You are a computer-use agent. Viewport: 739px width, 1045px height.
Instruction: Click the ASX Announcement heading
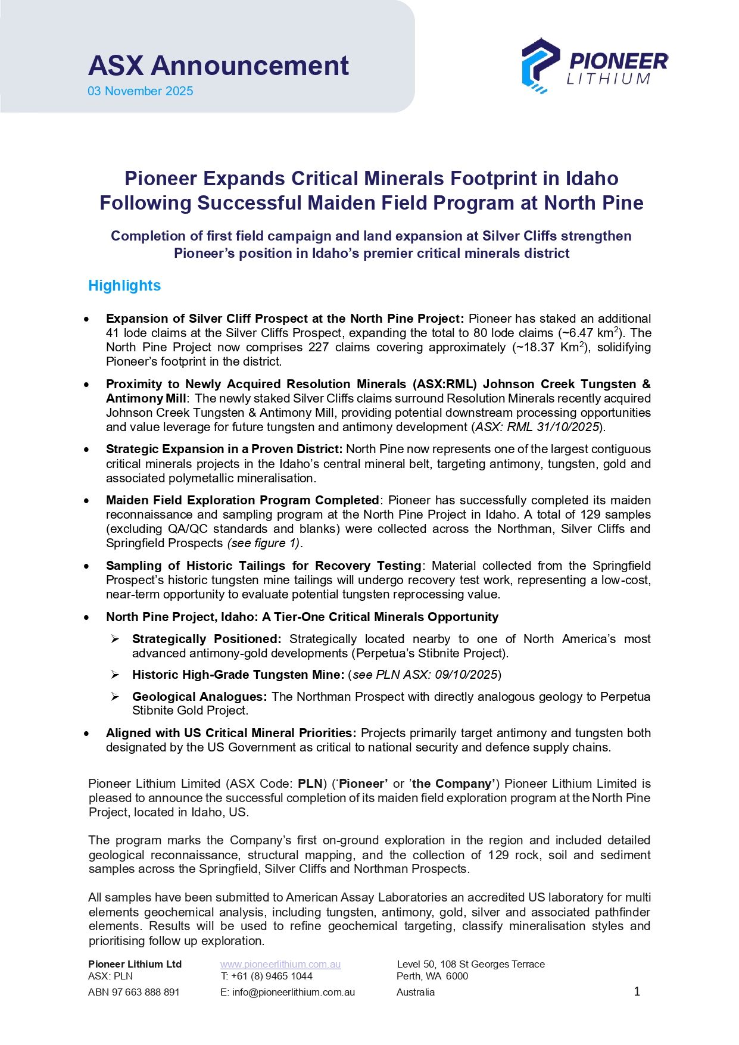(219, 65)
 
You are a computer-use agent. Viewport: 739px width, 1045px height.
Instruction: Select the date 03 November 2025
(141, 91)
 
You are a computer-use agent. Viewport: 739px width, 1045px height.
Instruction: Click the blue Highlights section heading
(124, 286)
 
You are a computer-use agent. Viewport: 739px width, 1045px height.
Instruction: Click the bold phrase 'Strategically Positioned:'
(207, 639)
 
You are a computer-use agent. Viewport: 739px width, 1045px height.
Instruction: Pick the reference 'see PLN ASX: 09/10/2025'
(425, 675)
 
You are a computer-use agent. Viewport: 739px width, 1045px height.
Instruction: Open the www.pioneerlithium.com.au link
(280, 964)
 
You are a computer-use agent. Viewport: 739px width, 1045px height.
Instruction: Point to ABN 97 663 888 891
(134, 992)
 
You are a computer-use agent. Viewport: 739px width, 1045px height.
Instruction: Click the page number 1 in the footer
(637, 991)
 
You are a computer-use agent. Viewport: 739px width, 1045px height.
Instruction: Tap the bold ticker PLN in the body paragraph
(310, 784)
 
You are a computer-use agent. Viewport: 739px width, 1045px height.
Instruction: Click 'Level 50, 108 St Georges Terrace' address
(470, 964)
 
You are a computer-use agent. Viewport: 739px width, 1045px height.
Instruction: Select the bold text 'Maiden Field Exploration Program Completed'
(242, 500)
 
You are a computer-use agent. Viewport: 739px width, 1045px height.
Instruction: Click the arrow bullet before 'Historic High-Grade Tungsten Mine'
(116, 675)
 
